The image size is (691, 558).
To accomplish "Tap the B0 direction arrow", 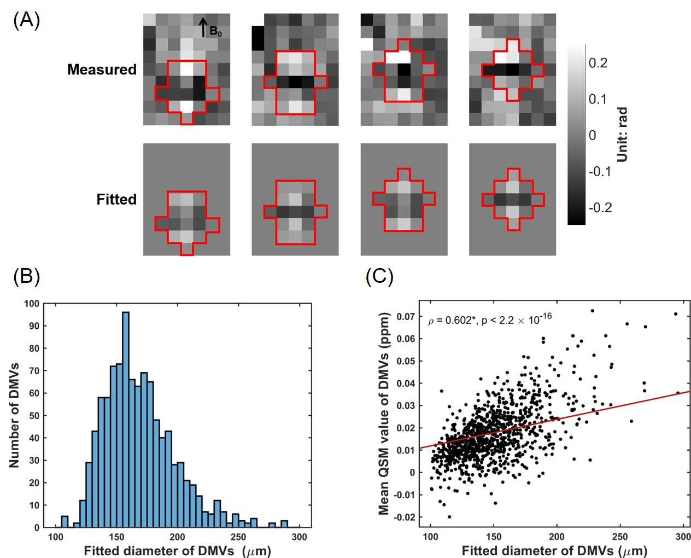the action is pos(203,27).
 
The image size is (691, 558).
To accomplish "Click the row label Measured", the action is pos(102,69).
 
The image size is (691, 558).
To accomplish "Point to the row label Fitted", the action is pos(116,199).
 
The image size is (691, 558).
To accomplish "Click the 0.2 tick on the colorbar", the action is pos(598,63).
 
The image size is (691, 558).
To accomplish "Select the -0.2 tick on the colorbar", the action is pos(600,208).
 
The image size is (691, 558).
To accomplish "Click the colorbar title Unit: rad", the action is pos(622,135).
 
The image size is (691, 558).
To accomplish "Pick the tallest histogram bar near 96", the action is pos(126,420).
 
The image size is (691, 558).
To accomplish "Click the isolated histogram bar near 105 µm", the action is pos(65,522).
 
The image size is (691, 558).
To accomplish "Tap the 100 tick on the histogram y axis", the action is pos(32,304).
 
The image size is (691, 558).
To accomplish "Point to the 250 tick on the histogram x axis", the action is pos(238,537).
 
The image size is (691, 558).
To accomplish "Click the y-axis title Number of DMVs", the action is pos(14,415).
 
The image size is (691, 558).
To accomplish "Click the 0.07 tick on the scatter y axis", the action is pos(406,317).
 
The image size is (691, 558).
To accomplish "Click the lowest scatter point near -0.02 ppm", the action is pos(449,517).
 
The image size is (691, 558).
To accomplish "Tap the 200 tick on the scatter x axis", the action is pos(557,537).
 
